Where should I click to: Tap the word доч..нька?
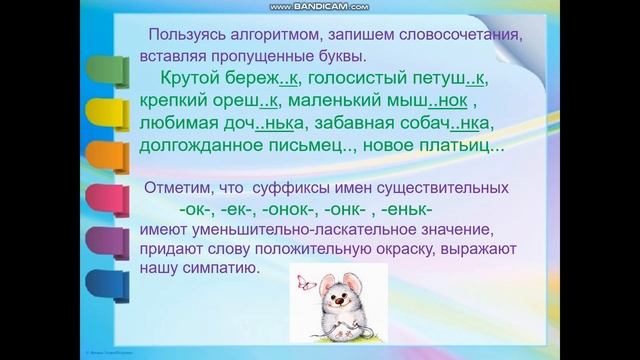pos(265,124)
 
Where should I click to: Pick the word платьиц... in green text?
pos(457,147)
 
